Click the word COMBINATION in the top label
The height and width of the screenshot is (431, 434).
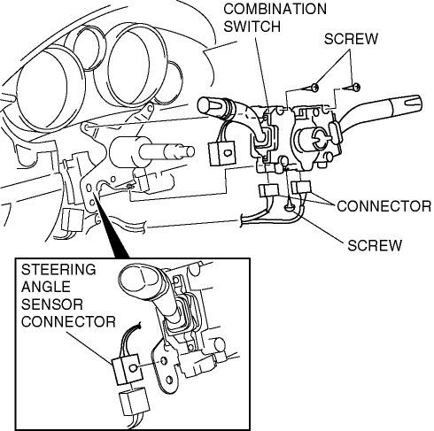tap(275, 9)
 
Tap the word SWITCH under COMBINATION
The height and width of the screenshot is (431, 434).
tap(252, 27)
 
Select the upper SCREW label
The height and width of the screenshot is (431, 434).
tap(351, 39)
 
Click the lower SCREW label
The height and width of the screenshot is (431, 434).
tap(375, 245)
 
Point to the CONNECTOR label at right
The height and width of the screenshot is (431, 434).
tap(384, 206)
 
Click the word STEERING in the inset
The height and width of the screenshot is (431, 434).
tap(58, 269)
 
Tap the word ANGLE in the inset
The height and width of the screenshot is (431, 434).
tap(46, 287)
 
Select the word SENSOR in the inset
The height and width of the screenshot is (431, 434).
tap(52, 304)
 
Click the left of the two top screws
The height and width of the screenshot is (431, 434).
tap(314, 87)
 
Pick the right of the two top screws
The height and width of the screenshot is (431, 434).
tap(356, 87)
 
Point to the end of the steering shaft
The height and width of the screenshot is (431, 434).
tap(190, 151)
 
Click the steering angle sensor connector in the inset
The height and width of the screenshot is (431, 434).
tap(127, 369)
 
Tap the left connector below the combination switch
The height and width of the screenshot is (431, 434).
tap(268, 190)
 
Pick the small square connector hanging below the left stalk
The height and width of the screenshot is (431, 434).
tap(222, 153)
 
